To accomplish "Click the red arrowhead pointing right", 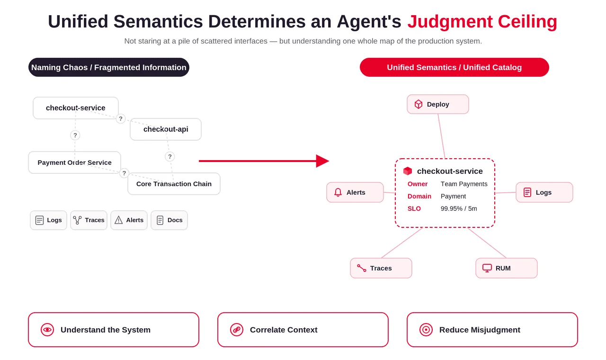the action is tap(322, 161).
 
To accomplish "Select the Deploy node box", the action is tap(438, 104).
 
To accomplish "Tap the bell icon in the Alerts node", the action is tap(338, 192).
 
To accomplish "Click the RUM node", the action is tap(507, 268).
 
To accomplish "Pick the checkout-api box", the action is tap(166, 129).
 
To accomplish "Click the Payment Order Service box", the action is tap(74, 162).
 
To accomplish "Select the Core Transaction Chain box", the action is tap(174, 184).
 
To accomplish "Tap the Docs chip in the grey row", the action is tap(169, 220).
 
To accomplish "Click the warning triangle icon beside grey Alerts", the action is tap(118, 220).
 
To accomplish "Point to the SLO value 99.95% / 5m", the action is tap(459, 208).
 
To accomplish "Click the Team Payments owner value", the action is tap(464, 184).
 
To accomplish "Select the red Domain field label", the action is tap(419, 196).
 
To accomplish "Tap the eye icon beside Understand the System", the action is tap(47, 330).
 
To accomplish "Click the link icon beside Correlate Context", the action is tap(237, 330).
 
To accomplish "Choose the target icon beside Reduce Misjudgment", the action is tap(426, 330).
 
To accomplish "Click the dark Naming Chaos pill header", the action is tap(109, 67).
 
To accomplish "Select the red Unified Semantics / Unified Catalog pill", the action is tap(454, 67).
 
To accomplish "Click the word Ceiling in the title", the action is tap(527, 22).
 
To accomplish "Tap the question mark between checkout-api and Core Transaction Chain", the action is tap(169, 156).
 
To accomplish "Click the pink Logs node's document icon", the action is tap(527, 192).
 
